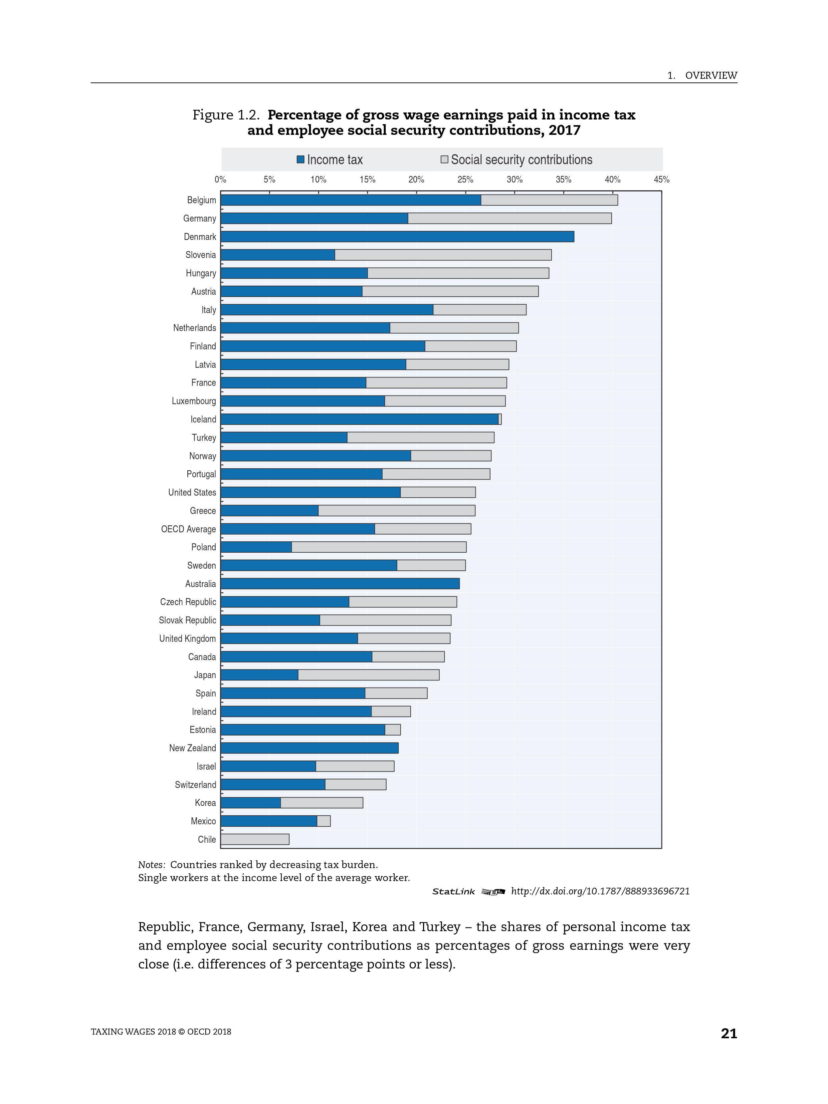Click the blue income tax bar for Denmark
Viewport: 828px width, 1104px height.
397,237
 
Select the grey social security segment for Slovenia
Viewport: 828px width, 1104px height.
443,255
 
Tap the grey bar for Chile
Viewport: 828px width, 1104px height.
255,839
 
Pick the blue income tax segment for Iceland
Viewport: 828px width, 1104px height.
360,419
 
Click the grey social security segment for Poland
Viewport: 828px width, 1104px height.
379,547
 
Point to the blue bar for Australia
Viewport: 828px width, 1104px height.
340,583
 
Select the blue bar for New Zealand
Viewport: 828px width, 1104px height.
309,748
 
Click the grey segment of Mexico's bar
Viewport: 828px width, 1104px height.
324,821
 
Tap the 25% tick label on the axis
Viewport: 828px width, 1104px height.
465,180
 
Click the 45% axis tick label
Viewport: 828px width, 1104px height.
662,180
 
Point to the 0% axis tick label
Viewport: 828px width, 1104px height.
220,180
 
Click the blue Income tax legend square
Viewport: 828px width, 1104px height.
300,160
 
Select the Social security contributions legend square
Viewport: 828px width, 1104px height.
444,160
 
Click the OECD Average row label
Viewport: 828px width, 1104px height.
188,529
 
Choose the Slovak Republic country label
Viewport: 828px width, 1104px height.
187,620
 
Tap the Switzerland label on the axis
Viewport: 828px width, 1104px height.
195,785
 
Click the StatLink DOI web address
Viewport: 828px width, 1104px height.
600,891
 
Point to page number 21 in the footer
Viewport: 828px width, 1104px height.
729,1034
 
